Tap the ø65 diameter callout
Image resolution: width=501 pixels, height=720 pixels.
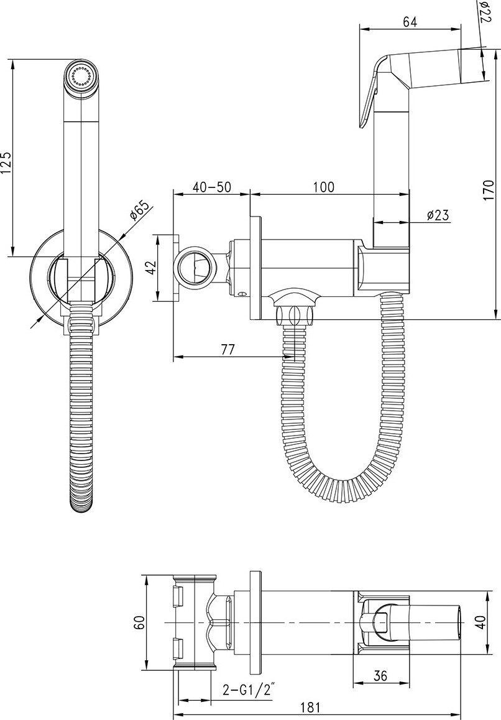click(x=140, y=210)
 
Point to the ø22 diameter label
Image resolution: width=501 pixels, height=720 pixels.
click(x=485, y=11)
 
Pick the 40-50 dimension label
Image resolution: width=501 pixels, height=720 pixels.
click(x=211, y=187)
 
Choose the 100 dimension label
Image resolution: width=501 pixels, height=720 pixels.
click(x=324, y=187)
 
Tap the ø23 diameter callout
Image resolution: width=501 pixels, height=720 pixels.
click(x=437, y=215)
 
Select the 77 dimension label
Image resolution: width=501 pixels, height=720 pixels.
click(x=228, y=349)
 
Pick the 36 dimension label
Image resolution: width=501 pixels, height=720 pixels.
click(x=380, y=675)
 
